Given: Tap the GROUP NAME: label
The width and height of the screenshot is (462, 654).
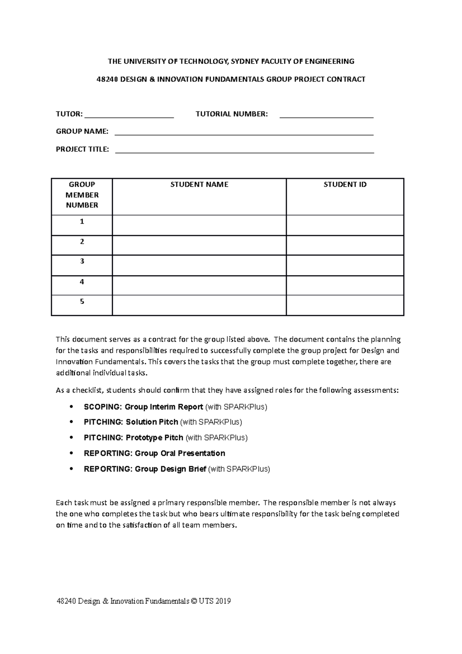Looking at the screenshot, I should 82,132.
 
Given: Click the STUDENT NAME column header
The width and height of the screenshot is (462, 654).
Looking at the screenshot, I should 199,185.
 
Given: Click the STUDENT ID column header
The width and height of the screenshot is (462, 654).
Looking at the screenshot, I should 345,185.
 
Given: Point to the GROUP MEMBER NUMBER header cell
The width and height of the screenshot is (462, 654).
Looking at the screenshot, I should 82,195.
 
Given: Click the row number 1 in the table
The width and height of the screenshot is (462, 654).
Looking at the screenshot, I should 82,221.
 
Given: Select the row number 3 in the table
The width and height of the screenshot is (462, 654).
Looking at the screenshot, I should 82,261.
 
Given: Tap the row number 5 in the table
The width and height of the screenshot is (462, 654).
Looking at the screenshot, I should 82,302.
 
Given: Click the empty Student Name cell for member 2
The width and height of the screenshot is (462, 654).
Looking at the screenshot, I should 199,245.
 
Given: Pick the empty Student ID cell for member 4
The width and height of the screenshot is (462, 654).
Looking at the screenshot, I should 345,285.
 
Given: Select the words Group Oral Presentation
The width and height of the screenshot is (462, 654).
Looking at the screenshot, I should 180,453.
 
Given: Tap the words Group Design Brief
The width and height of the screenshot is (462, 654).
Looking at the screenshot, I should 170,469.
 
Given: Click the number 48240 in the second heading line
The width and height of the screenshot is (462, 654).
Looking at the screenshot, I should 108,80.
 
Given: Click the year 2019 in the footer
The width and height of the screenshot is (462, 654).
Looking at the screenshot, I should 223,601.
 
